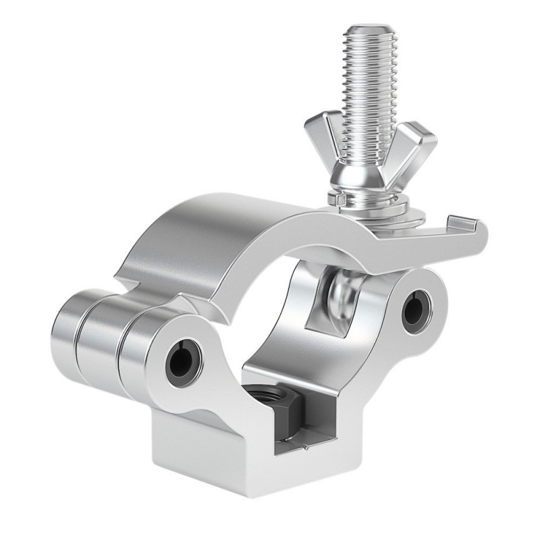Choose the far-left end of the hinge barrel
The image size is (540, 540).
click(67, 327)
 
